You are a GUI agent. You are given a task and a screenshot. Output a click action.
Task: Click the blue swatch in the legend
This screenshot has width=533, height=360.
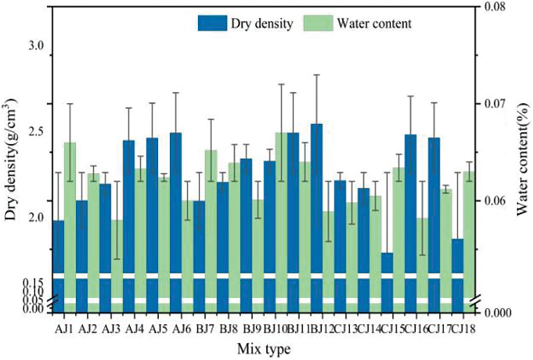212,23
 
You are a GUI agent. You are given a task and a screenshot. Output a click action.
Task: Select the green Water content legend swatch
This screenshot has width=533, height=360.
318,23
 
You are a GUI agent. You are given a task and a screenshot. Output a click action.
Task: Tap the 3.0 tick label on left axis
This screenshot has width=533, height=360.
36,46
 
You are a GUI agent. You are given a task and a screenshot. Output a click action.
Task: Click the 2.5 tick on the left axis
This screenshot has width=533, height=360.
36,132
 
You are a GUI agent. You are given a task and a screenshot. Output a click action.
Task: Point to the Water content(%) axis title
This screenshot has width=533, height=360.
523,159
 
